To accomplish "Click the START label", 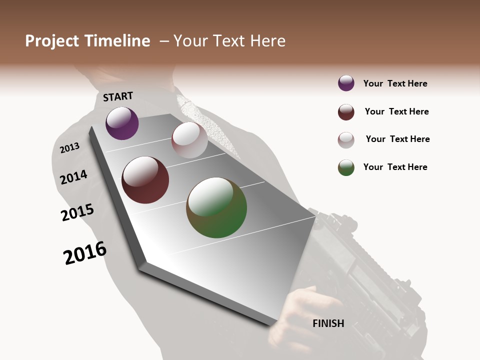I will click(118, 96).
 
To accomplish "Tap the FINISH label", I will click(328, 323).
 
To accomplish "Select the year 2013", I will click(69, 148).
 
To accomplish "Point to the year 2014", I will click(73, 177).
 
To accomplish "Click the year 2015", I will click(77, 212).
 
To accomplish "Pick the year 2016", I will click(85, 252).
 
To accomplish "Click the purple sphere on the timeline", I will click(122, 123).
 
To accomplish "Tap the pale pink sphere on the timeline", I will click(189, 140).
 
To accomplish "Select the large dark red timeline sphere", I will click(145, 180).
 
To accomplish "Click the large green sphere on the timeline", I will click(216, 207).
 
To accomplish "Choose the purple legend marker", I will click(346, 83).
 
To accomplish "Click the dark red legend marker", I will click(346, 112).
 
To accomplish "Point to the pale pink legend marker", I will click(346, 140).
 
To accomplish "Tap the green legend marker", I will click(346, 167).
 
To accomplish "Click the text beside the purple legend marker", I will click(395, 83).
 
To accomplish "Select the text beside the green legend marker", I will click(395, 167).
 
